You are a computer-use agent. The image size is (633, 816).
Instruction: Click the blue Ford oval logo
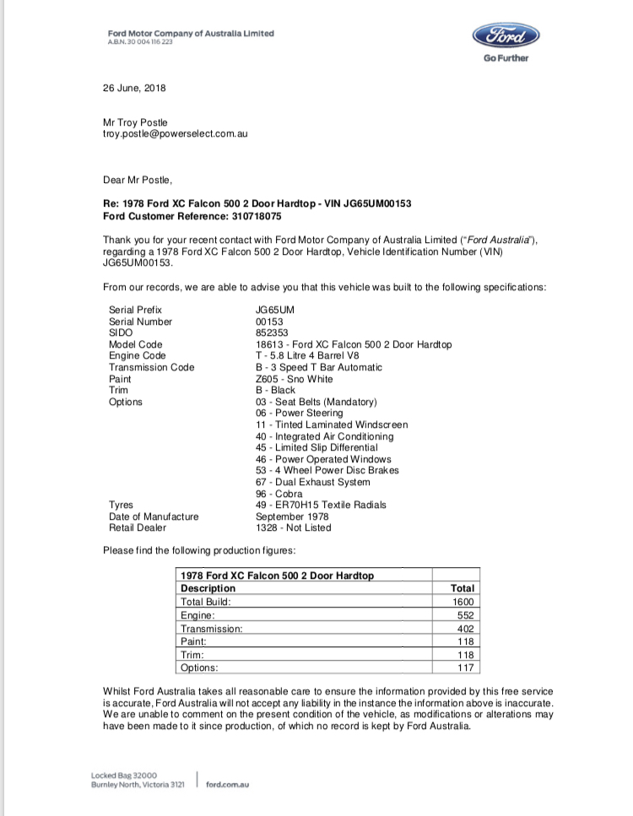point(506,36)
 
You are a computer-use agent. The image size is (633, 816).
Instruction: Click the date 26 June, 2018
point(134,88)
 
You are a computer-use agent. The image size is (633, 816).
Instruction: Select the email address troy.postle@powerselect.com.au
point(175,133)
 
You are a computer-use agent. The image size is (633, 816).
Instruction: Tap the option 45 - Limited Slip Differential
point(312,447)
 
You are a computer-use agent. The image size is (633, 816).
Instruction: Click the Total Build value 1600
point(464,602)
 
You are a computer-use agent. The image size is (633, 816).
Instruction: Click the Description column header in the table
point(208,588)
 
